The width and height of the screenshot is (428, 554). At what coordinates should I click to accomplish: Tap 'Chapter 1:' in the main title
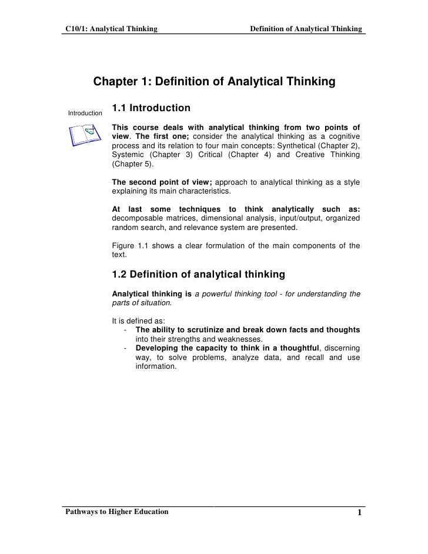point(121,82)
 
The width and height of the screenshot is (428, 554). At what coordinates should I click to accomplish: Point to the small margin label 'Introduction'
point(85,113)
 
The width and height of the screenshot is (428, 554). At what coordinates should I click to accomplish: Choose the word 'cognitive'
point(341,136)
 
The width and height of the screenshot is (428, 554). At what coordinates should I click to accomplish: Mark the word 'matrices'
point(176,218)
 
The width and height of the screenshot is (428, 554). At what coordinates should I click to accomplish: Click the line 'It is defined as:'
point(138,321)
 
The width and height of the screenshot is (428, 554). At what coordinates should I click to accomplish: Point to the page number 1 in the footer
point(358,513)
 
